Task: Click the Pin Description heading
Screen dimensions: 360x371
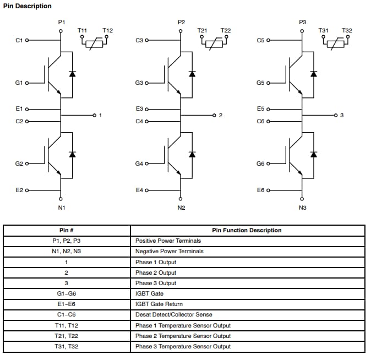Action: point(28,6)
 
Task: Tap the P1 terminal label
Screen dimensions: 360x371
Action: point(61,22)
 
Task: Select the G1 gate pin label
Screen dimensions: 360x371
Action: point(19,83)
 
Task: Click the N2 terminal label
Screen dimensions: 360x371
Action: point(181,208)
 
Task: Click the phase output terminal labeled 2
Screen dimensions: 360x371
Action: point(220,115)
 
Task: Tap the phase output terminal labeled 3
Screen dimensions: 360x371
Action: point(341,115)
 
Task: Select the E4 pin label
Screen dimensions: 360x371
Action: point(139,190)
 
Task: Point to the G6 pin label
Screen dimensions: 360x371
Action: point(260,163)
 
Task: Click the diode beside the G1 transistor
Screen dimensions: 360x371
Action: point(72,73)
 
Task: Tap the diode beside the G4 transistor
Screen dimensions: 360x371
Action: point(192,154)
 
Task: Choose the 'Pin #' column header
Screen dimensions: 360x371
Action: point(67,230)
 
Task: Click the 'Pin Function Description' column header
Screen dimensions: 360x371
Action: point(247,230)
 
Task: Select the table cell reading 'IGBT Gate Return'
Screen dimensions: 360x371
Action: point(159,304)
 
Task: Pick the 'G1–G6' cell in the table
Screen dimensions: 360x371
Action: point(67,293)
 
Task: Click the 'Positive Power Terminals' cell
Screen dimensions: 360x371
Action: point(168,241)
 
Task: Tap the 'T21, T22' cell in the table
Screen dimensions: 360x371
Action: point(67,336)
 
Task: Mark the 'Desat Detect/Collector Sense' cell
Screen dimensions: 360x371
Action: point(173,314)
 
